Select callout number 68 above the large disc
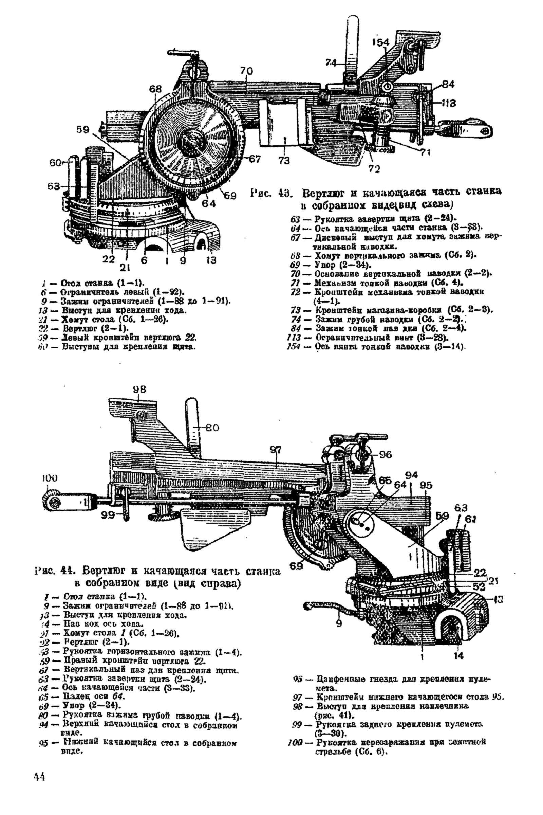(155, 89)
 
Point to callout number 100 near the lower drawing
(50, 478)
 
